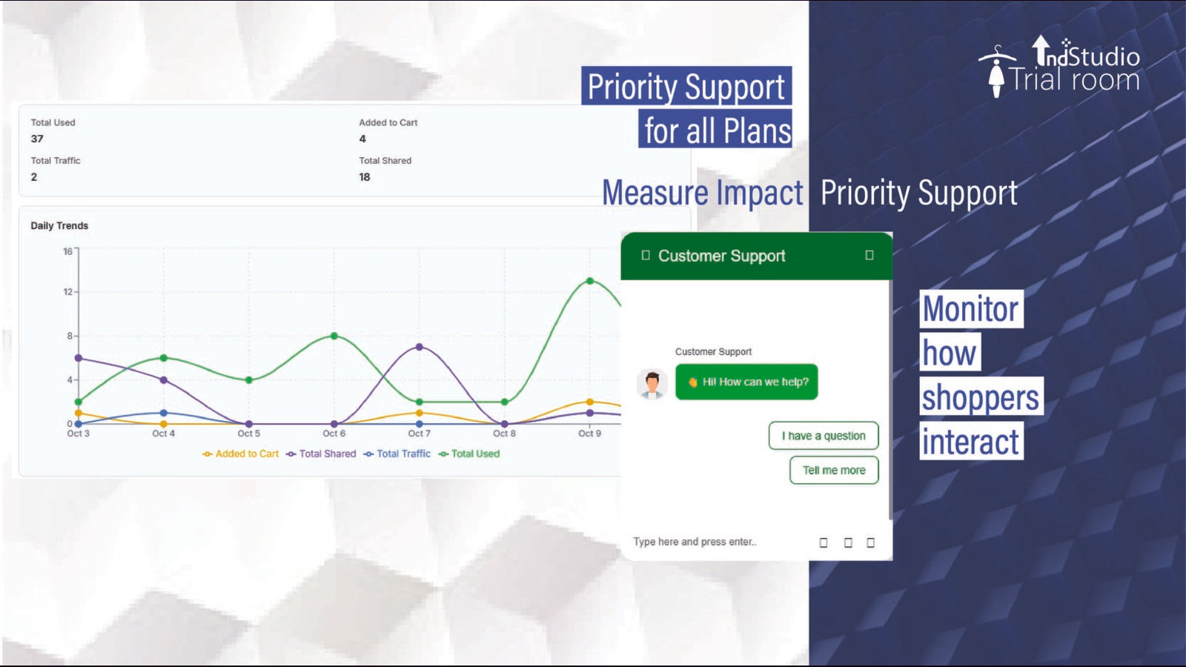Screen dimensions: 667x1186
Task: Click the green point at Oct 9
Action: [590, 281]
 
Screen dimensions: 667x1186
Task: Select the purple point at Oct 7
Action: [420, 347]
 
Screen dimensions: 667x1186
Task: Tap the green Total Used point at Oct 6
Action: [334, 336]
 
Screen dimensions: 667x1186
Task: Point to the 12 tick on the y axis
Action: [67, 292]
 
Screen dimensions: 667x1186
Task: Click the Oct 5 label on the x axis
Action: [249, 434]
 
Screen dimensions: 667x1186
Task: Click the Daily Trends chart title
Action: [59, 226]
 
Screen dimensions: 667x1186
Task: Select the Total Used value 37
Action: [37, 139]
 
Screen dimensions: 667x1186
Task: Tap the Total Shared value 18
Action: [365, 177]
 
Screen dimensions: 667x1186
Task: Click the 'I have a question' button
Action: [824, 436]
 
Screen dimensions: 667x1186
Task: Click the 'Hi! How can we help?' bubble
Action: [746, 382]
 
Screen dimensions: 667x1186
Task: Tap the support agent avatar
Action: [652, 384]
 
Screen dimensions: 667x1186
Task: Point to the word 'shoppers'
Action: [981, 397]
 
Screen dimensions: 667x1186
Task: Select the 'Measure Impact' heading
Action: [702, 193]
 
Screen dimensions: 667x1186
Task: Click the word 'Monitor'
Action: [971, 309]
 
